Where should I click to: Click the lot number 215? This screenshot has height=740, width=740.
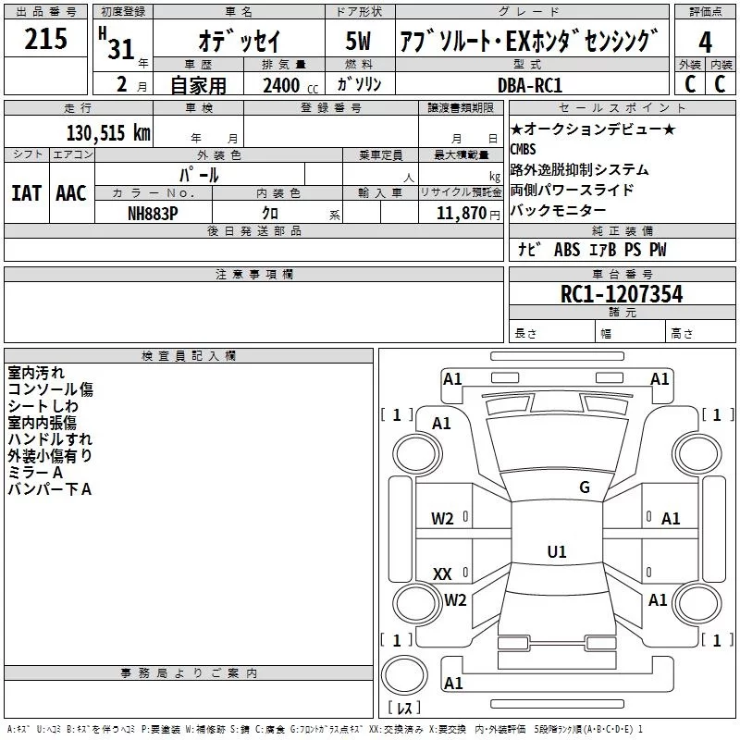pyautogui.click(x=46, y=40)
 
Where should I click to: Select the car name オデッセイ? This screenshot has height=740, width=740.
pyautogui.click(x=239, y=42)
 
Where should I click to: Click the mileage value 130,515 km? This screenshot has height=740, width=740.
pyautogui.click(x=108, y=132)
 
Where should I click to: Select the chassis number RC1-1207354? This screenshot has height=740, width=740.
pyautogui.click(x=622, y=294)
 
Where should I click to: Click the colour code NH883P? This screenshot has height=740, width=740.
pyautogui.click(x=153, y=213)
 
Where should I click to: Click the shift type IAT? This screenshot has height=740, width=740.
pyautogui.click(x=26, y=192)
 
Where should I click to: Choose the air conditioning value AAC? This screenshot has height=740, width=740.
pyautogui.click(x=70, y=192)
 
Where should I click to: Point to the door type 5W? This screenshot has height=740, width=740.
pyautogui.click(x=360, y=42)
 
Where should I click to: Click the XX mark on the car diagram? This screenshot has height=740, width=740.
pyautogui.click(x=442, y=574)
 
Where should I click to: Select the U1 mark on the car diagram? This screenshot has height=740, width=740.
pyautogui.click(x=556, y=551)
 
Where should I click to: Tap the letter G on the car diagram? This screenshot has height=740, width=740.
pyautogui.click(x=584, y=487)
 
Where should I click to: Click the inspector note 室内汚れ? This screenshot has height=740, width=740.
pyautogui.click(x=36, y=373)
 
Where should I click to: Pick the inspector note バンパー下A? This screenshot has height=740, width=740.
pyautogui.click(x=49, y=489)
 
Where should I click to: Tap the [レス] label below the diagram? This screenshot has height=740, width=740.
pyautogui.click(x=403, y=709)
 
